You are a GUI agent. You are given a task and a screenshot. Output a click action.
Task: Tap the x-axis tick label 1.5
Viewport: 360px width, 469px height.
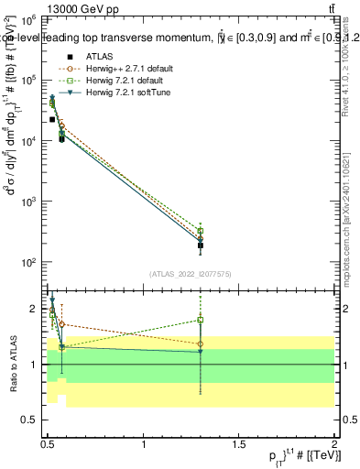[239, 445]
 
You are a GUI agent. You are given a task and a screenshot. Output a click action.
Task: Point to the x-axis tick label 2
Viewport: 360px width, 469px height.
[334, 445]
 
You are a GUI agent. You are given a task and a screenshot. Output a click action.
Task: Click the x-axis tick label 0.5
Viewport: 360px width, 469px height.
[48, 445]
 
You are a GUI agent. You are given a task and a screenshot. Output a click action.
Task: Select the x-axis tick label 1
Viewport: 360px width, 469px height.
[144, 445]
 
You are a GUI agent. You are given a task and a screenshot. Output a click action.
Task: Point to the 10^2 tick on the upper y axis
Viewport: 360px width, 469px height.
[29, 263]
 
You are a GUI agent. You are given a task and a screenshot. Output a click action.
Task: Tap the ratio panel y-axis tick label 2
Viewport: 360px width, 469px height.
[34, 309]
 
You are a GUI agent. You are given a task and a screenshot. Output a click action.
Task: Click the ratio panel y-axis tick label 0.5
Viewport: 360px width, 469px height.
[29, 420]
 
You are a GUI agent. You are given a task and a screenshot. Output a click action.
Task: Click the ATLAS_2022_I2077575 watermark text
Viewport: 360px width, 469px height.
[191, 274]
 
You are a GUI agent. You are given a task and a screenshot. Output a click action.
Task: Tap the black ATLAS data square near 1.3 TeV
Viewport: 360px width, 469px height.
[201, 245]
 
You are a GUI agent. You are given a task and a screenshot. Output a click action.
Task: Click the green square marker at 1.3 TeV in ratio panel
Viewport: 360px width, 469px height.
[201, 321]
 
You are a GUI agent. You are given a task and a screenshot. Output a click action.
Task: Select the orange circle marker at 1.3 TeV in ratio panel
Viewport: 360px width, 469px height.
[201, 344]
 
